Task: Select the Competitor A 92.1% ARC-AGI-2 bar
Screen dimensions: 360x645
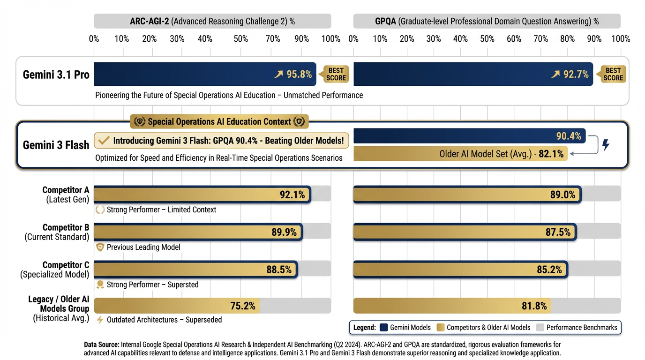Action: coord(202,194)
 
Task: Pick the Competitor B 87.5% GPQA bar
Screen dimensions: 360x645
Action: coord(464,232)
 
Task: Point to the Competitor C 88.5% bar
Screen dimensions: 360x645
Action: coord(195,270)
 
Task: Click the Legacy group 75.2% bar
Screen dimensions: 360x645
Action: coord(177,306)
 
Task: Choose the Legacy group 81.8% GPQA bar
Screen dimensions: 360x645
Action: coord(452,306)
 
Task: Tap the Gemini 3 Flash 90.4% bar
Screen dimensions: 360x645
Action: coord(469,136)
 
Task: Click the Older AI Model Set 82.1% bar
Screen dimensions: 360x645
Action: coord(460,153)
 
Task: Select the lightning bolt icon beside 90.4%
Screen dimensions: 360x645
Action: coord(606,145)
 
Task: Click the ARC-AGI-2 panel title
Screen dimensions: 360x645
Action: coord(212,21)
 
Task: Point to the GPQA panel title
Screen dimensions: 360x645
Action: coord(487,21)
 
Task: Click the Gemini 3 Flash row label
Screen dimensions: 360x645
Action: coord(56,145)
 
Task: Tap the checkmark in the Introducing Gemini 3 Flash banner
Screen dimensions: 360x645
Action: coord(105,140)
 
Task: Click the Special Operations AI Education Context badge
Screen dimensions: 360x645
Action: coord(219,122)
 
